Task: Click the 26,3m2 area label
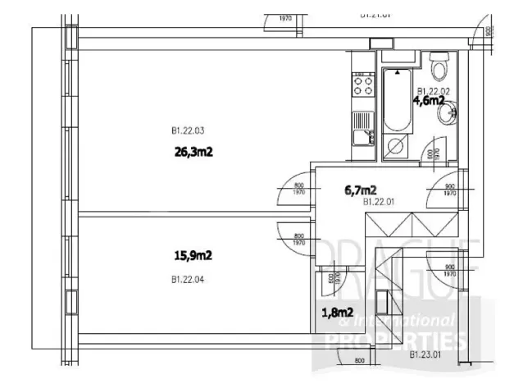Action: click(193, 150)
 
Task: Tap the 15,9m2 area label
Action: click(193, 255)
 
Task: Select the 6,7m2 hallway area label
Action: click(360, 190)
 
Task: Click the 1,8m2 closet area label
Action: click(336, 312)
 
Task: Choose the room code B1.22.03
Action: click(188, 130)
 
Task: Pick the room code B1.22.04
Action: click(188, 279)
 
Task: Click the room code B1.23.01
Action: click(425, 355)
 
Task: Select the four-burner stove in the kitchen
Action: click(362, 85)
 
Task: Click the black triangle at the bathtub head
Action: click(398, 73)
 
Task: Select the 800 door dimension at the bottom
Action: click(358, 361)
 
